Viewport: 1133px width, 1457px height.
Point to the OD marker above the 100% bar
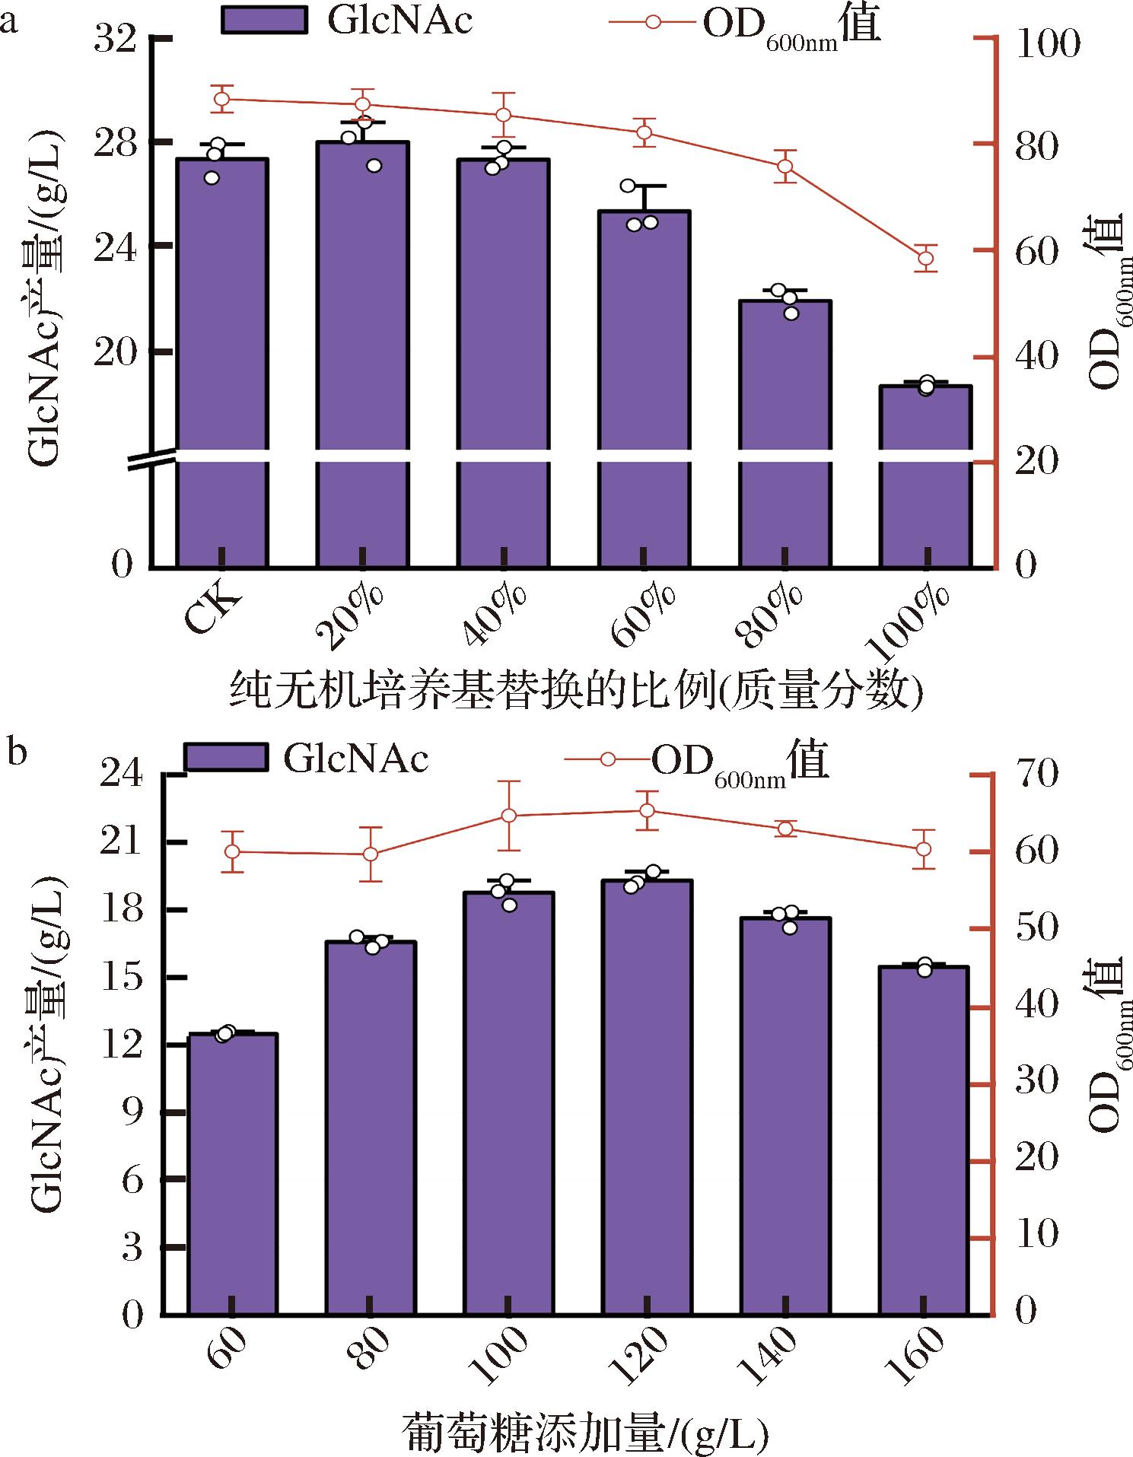tap(925, 258)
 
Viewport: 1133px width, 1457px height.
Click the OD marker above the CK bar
tap(221, 99)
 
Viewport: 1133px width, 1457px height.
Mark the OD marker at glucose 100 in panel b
tap(509, 816)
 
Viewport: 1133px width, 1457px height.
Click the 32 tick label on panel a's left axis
tap(116, 39)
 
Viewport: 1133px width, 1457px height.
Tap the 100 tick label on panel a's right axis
tap(1048, 43)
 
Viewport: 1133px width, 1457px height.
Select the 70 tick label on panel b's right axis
tap(1036, 774)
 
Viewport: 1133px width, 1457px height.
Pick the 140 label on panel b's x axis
tap(768, 1354)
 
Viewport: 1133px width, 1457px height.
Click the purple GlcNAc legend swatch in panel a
tap(264, 20)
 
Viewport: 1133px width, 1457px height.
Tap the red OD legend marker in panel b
tap(608, 759)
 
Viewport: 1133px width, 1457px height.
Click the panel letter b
tap(16, 751)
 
